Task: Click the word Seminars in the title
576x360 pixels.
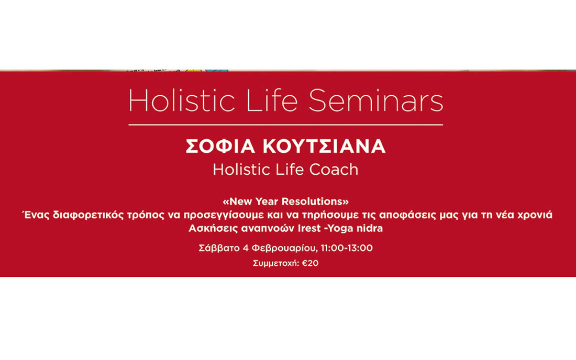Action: click(x=376, y=100)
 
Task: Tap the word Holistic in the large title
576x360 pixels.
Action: click(x=182, y=100)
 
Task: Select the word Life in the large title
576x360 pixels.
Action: click(x=271, y=100)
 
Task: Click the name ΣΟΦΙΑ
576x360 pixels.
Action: click(x=220, y=146)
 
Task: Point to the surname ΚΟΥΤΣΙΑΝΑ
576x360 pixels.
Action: click(x=324, y=146)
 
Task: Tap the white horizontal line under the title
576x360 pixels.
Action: click(x=286, y=125)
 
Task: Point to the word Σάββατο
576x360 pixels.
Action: click(x=219, y=248)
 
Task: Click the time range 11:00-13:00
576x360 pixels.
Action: click(x=347, y=248)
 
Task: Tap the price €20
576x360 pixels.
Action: click(x=311, y=263)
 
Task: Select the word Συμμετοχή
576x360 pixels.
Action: click(x=276, y=264)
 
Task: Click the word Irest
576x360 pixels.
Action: click(x=309, y=228)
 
